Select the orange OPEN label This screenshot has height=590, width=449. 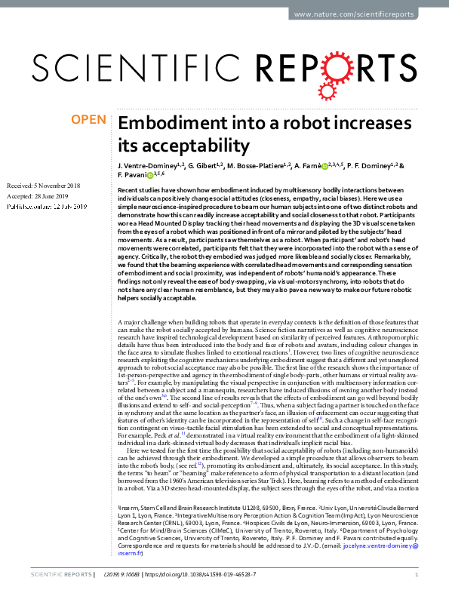point(89,119)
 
